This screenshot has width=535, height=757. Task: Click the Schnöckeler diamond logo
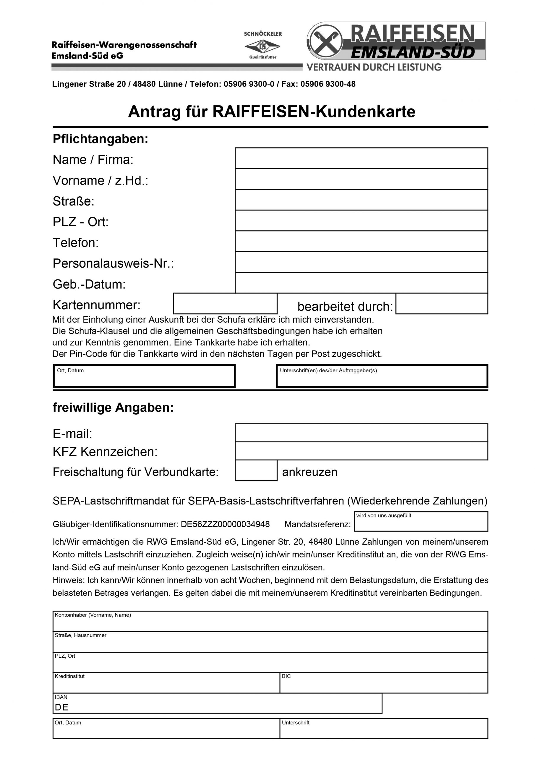[262, 46]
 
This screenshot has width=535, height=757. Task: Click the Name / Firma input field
[361, 158]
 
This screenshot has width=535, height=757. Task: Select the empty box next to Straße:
[361, 200]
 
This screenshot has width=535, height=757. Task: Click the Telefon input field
[361, 241]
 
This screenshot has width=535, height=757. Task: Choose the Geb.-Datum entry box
[361, 283]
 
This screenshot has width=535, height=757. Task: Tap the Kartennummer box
[225, 304]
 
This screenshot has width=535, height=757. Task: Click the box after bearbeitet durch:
[442, 304]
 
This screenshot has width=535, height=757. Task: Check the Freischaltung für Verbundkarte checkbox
[256, 470]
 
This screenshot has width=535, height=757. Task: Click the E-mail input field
[361, 433]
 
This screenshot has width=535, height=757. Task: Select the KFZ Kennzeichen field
[361, 451]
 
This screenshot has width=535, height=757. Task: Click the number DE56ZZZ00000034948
[225, 524]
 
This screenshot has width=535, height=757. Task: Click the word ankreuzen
[309, 472]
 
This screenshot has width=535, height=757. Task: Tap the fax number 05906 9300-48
[328, 84]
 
